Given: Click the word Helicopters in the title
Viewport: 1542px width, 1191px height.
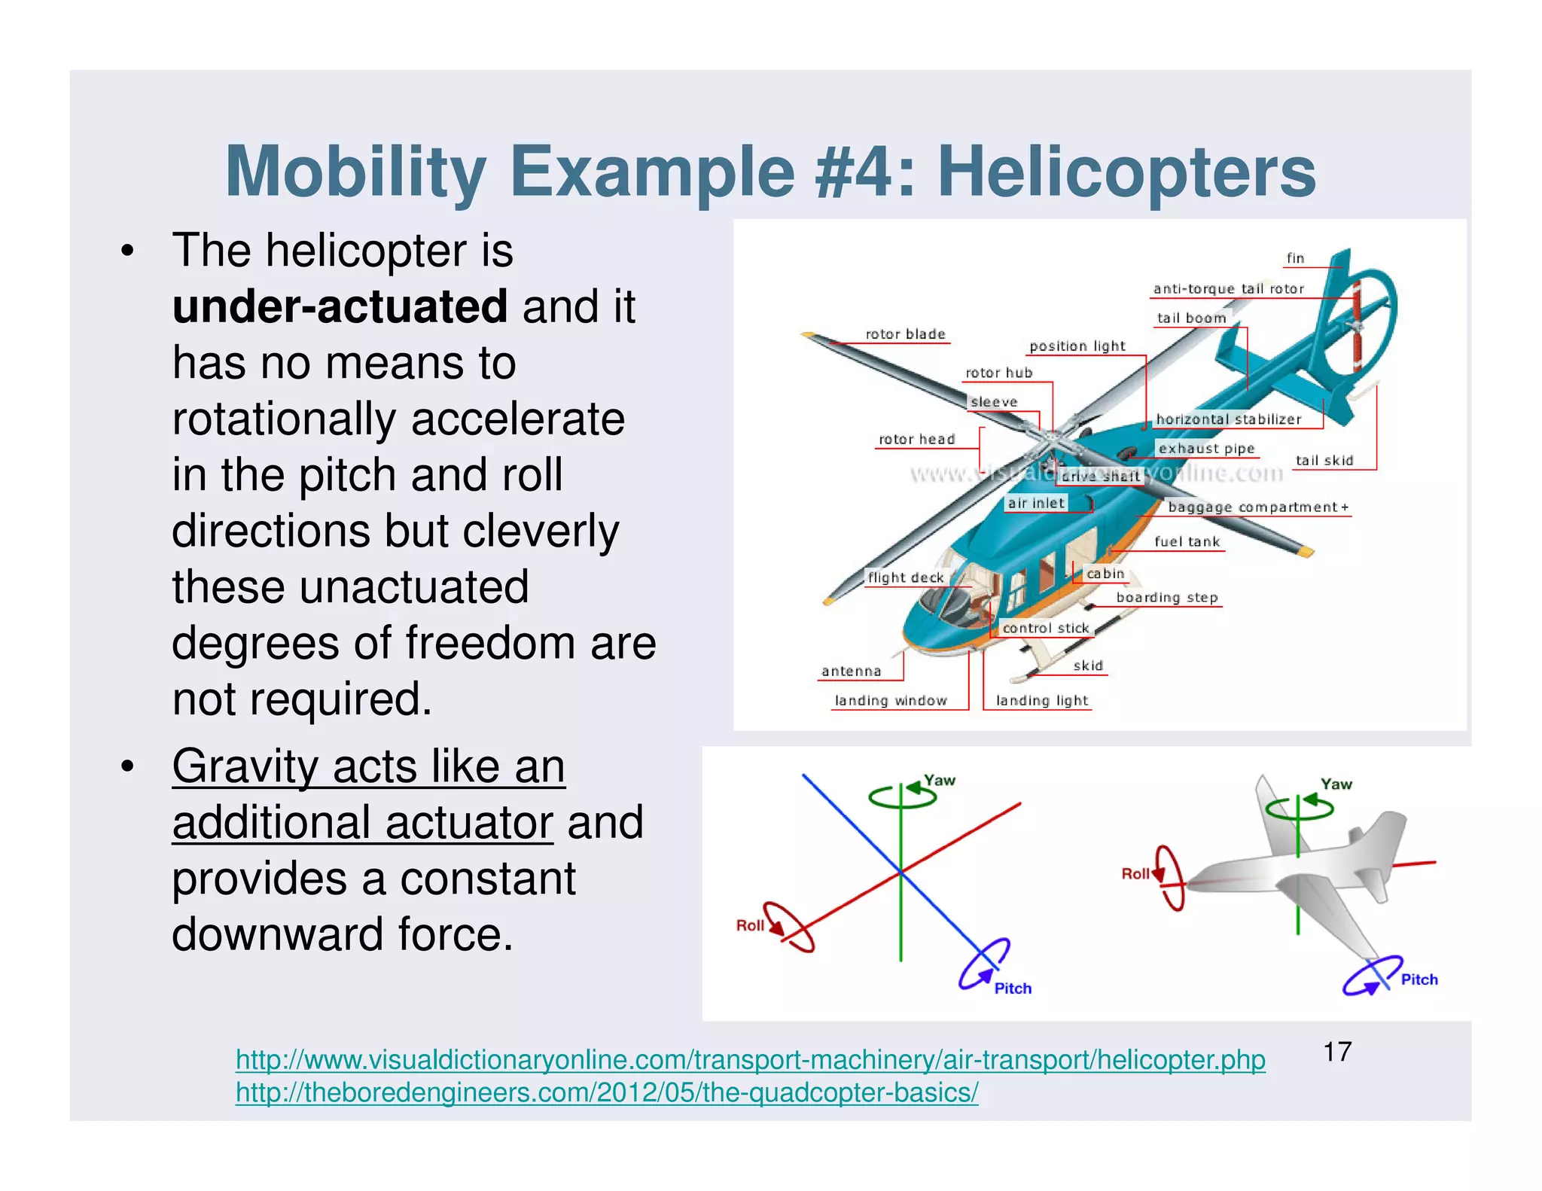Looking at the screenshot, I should click(x=1126, y=172).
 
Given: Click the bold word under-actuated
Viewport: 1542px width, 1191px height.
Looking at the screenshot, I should click(x=340, y=306).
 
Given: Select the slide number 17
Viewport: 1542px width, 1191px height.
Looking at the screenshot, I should click(x=1337, y=1051).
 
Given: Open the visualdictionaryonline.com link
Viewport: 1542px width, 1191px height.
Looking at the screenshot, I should click(x=750, y=1059).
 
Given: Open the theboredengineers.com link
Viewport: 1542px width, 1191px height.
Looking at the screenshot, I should click(x=606, y=1092).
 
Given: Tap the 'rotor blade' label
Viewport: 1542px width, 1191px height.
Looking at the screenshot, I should click(x=905, y=334).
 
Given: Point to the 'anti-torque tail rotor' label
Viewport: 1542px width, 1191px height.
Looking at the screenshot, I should click(x=1228, y=288).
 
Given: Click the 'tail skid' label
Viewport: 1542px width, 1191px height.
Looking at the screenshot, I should click(x=1324, y=460).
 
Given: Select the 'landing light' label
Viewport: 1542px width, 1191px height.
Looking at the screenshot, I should click(x=1041, y=700).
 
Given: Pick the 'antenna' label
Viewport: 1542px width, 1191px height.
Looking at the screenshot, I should click(x=851, y=671).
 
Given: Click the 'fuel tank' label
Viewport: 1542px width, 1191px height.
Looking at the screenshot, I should click(x=1187, y=541).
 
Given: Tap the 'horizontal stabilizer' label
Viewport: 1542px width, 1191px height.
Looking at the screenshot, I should click(x=1228, y=419).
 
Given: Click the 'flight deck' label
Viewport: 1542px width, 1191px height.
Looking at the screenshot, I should click(x=905, y=577).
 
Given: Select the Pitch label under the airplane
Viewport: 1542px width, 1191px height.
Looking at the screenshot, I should click(x=1419, y=979).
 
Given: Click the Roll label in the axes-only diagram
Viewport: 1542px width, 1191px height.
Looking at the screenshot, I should click(x=750, y=925).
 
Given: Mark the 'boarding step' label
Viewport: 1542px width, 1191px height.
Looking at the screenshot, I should click(x=1166, y=597).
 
